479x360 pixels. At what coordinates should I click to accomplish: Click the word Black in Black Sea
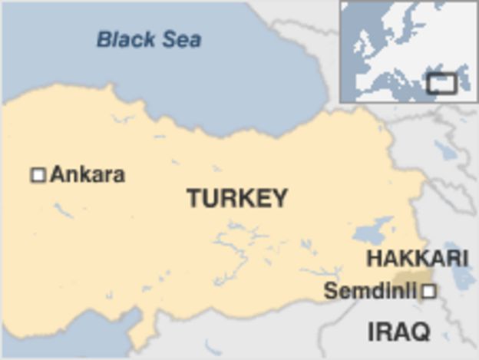click(x=123, y=39)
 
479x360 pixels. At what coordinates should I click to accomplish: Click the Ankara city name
click(x=88, y=175)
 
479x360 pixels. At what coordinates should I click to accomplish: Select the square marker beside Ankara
click(x=38, y=175)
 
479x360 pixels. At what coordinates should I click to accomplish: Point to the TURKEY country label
click(x=237, y=198)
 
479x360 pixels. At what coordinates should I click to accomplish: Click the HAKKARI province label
click(x=417, y=258)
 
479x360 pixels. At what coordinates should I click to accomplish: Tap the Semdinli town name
click(x=370, y=291)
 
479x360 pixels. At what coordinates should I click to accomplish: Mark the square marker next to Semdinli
click(x=429, y=291)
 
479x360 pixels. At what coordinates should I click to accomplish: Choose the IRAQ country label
click(x=398, y=332)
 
